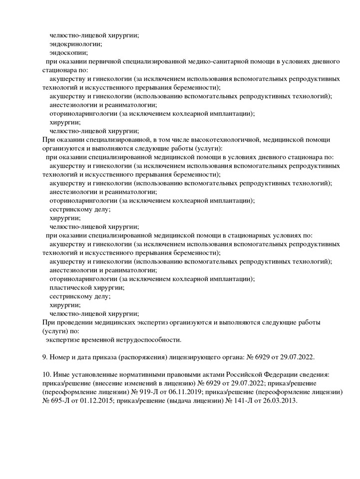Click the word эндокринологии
[75, 44]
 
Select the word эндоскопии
[68, 52]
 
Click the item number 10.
[48, 374]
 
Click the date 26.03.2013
[272, 401]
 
